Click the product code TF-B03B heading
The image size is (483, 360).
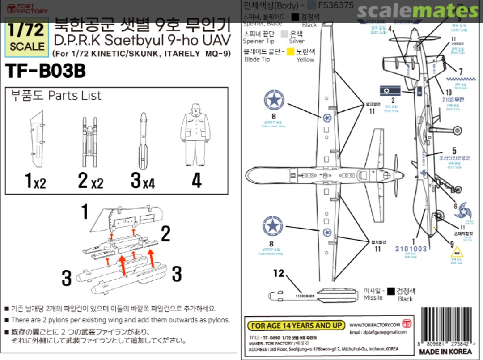coord(45,71)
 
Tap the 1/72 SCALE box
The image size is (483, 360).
coord(27,37)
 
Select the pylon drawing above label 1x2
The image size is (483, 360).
coord(36,138)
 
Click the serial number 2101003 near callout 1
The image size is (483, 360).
coord(411,249)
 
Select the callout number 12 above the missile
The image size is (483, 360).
coord(279,273)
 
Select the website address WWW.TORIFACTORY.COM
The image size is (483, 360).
coord(374,325)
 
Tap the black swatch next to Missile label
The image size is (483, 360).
coord(391,291)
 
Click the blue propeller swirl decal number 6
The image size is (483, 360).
coord(466,210)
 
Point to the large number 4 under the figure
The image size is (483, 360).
coord(196,181)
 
